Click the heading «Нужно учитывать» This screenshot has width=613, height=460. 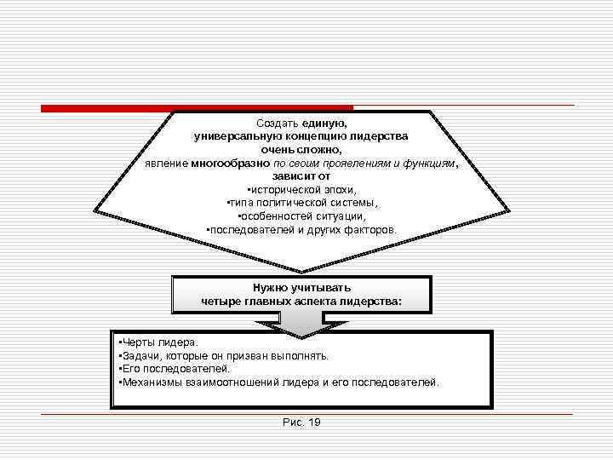coord(301,288)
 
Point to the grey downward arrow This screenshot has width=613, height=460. coord(301,322)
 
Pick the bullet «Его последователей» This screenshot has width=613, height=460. coord(175,369)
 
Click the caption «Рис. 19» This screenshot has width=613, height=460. coord(301,423)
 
